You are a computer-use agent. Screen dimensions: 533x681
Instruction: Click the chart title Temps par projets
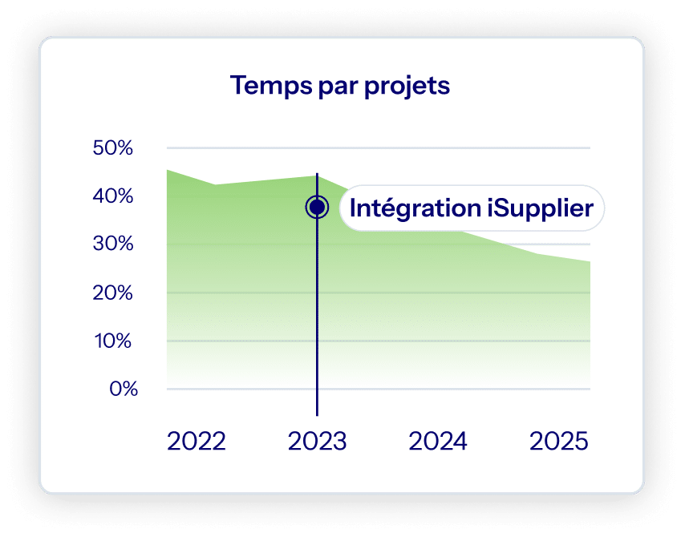tap(340, 86)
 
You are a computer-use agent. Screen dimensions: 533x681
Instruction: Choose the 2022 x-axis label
tap(197, 442)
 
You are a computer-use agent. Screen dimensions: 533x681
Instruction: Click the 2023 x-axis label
tap(317, 442)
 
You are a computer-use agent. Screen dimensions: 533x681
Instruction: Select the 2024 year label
tap(438, 442)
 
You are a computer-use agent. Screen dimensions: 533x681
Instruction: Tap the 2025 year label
tap(559, 442)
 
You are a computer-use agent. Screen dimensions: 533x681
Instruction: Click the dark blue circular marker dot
tap(317, 208)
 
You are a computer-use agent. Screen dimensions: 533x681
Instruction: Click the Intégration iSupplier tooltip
tap(471, 208)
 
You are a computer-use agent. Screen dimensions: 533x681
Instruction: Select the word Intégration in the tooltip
tap(414, 208)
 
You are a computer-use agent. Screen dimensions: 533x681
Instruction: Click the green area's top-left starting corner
tap(168, 171)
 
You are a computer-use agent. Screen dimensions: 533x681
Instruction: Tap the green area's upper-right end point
tap(590, 262)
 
